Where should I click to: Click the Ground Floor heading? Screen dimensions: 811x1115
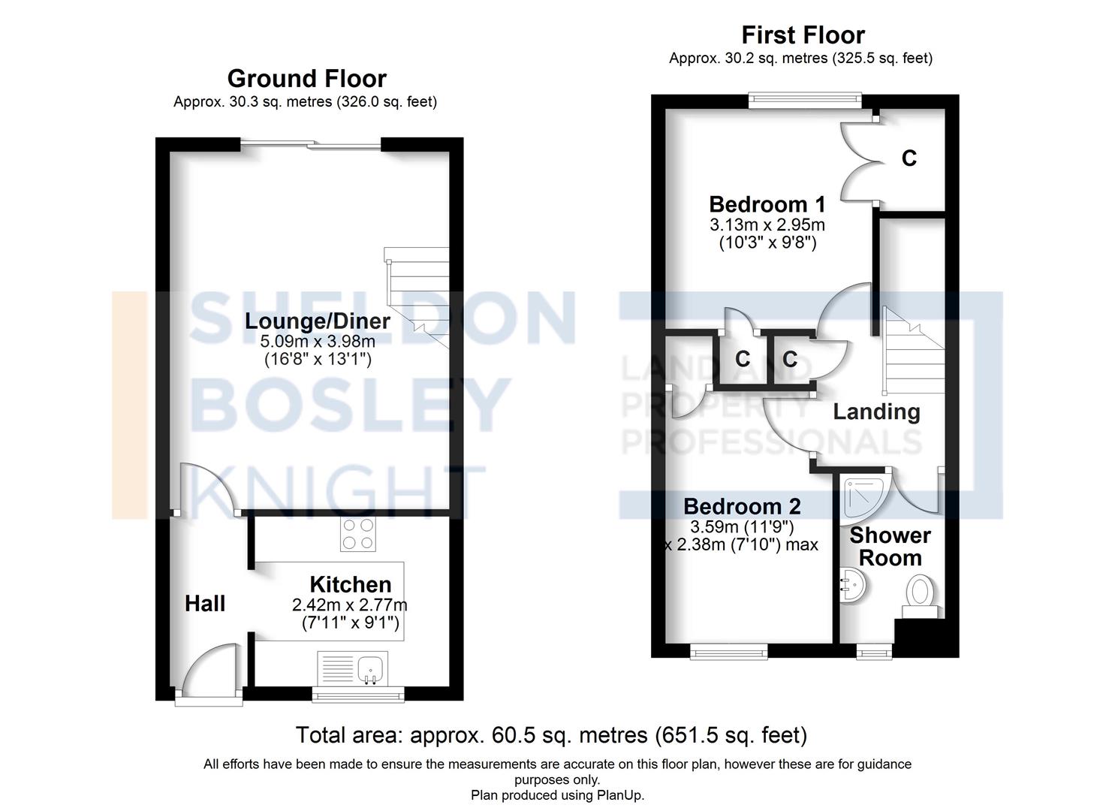pyautogui.click(x=306, y=79)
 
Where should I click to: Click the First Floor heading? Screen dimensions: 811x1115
pyautogui.click(x=803, y=35)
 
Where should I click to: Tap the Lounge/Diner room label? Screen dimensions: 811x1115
pyautogui.click(x=318, y=321)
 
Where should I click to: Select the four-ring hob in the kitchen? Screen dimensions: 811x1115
pyautogui.click(x=357, y=534)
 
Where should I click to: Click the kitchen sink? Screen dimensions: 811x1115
pyautogui.click(x=369, y=668)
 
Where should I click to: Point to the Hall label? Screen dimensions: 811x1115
pyautogui.click(x=205, y=604)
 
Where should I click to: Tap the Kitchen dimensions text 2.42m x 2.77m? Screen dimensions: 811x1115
pyautogui.click(x=350, y=605)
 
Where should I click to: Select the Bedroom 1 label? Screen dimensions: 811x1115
pyautogui.click(x=767, y=204)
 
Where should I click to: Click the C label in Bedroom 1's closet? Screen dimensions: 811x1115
pyautogui.click(x=909, y=158)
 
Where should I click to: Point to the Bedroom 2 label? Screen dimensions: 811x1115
pyautogui.click(x=742, y=506)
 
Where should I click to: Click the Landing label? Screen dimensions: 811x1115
pyautogui.click(x=876, y=412)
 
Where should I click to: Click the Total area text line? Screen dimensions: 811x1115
pyautogui.click(x=551, y=735)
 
